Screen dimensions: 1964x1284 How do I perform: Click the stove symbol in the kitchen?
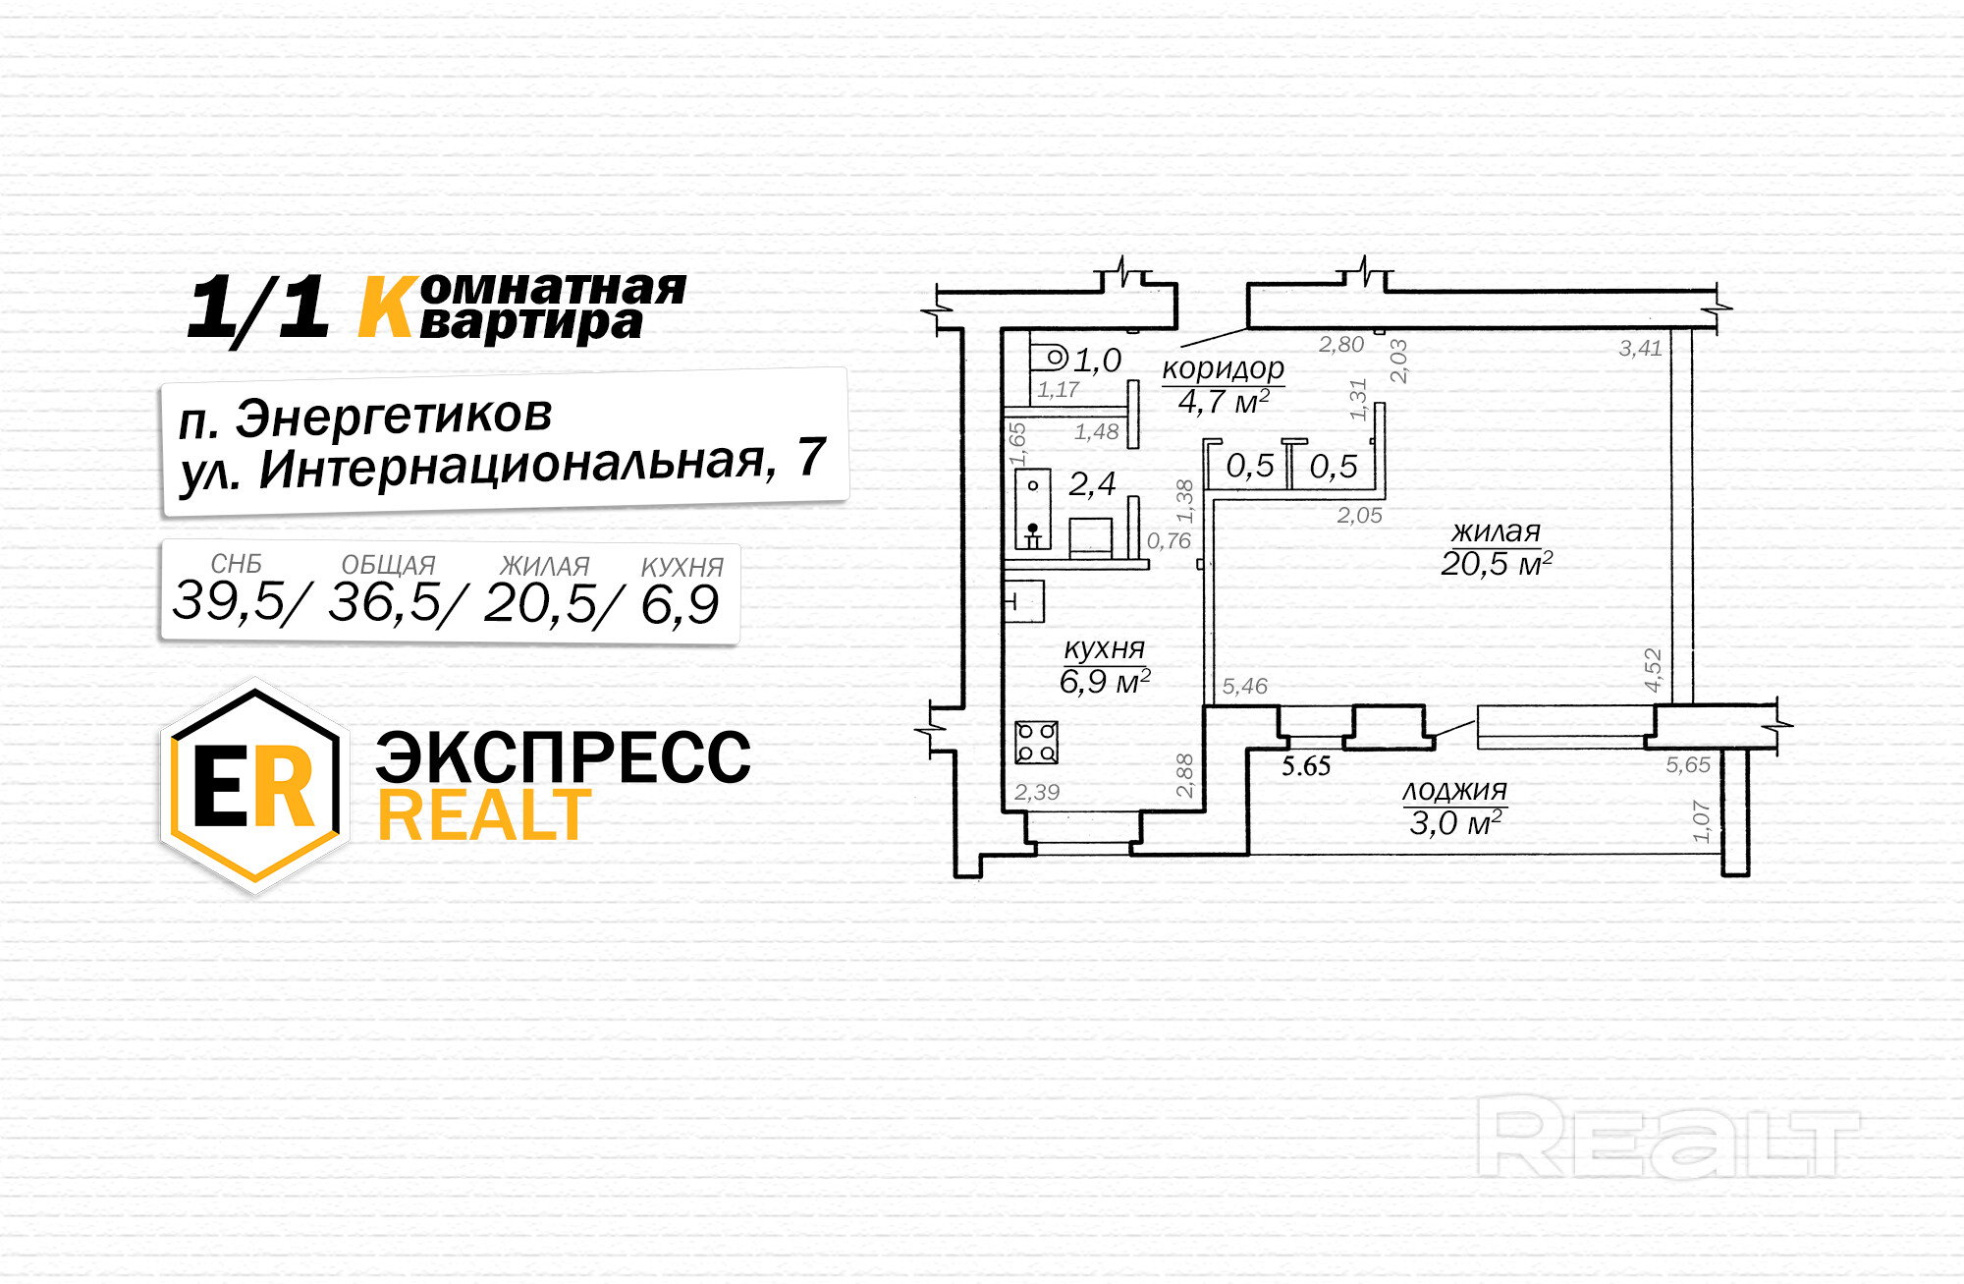coord(1036,742)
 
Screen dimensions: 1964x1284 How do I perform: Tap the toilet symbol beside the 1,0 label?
coord(1053,357)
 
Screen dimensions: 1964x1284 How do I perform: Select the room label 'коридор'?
coord(1223,368)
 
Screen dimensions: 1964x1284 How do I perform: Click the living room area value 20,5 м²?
coord(1496,564)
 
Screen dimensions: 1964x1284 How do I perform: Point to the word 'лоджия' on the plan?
coord(1454,791)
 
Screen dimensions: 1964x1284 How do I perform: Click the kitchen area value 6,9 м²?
coord(1104,681)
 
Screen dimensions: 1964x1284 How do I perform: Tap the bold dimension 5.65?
coord(1305,766)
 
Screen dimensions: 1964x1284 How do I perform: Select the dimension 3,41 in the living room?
coord(1640,348)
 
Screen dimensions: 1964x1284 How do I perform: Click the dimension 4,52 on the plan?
coord(1653,670)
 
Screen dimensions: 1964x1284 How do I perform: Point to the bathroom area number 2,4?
coord(1092,483)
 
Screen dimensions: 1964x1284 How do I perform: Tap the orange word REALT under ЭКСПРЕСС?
coord(484,815)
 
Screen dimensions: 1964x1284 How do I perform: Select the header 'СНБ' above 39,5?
coord(236,564)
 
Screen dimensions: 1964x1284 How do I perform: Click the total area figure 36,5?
coord(385,602)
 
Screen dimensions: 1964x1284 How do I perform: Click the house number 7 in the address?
coord(811,457)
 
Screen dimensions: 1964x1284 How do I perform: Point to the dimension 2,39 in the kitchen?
coord(1037,792)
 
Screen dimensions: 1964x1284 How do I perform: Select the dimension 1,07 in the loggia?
coord(1701,821)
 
